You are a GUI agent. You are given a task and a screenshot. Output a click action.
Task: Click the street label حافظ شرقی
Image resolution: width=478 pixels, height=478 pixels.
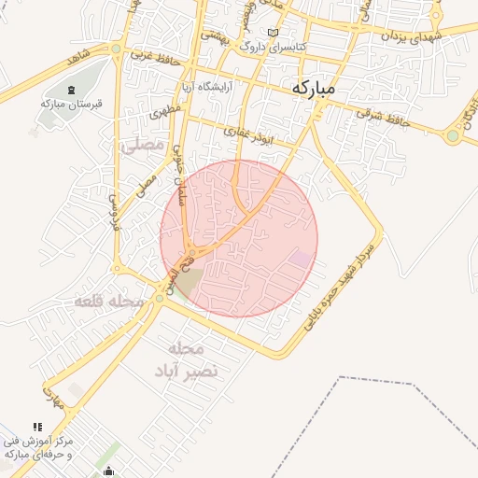(x=382, y=119)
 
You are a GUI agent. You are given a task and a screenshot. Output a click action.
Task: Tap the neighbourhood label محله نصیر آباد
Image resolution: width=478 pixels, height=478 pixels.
(x=187, y=359)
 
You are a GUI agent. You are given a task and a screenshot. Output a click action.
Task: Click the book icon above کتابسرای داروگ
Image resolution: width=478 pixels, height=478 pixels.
(x=273, y=33)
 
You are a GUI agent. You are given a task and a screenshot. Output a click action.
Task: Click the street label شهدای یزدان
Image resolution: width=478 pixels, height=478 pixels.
(x=410, y=36)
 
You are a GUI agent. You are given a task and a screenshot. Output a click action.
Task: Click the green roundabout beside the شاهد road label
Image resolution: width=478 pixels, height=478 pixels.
(x=115, y=49)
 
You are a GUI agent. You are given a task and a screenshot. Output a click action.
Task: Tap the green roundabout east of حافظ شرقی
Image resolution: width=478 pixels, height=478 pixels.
(x=453, y=136)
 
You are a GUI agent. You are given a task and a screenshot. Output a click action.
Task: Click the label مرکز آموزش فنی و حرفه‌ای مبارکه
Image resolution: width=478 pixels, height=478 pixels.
(x=42, y=446)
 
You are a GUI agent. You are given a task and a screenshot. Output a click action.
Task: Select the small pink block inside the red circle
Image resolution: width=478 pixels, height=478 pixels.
(x=301, y=259)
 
